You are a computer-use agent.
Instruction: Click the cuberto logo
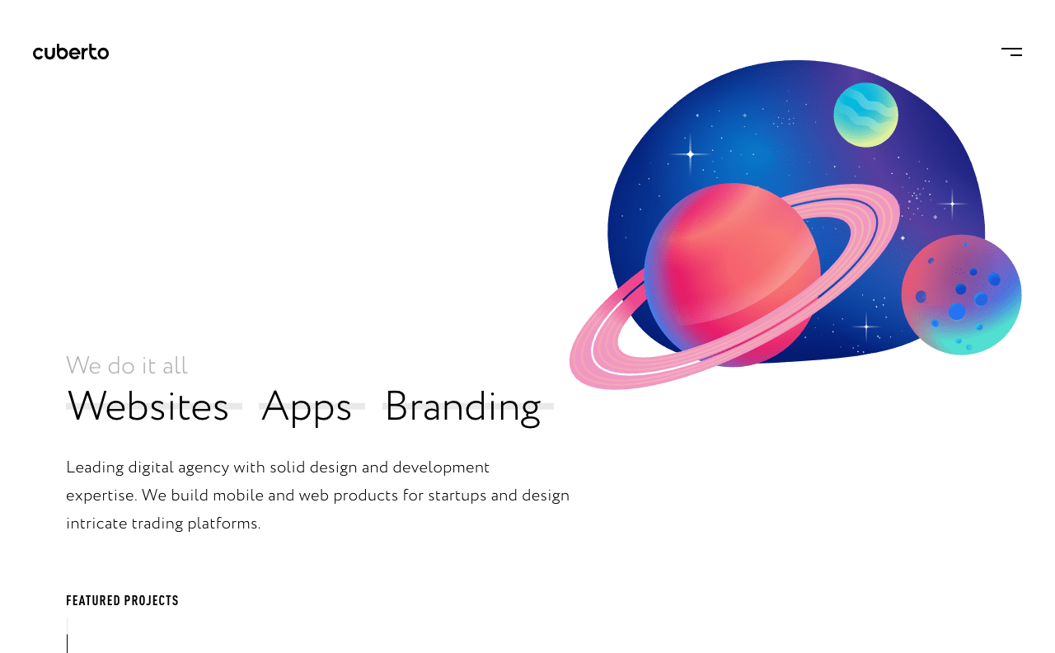coord(71,52)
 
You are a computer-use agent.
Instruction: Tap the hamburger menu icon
coord(1011,52)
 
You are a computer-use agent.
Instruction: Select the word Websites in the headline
coord(148,406)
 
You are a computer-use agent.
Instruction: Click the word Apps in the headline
coord(307,408)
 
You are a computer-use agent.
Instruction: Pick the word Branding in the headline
coord(463,408)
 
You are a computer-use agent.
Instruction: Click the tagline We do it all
coord(127,365)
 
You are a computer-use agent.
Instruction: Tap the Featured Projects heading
coord(123,601)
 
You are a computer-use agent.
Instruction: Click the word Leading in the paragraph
coord(95,468)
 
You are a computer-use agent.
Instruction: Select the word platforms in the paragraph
coord(223,524)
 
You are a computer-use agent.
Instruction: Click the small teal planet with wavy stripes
coord(865,115)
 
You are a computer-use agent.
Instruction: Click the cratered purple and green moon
coord(961,294)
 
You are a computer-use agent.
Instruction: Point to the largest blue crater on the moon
coord(957,312)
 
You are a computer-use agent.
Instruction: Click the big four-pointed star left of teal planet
coord(691,154)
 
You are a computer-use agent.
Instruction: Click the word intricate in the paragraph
coord(96,524)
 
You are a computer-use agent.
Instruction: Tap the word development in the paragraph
coord(441,468)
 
